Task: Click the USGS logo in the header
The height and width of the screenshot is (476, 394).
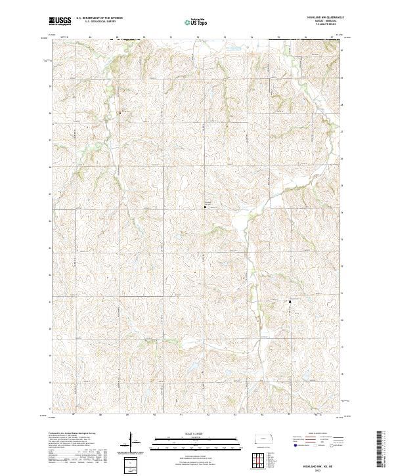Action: (60, 22)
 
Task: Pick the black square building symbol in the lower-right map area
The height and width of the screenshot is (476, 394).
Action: (290, 301)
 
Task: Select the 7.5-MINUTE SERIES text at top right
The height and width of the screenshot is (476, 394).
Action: (325, 26)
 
